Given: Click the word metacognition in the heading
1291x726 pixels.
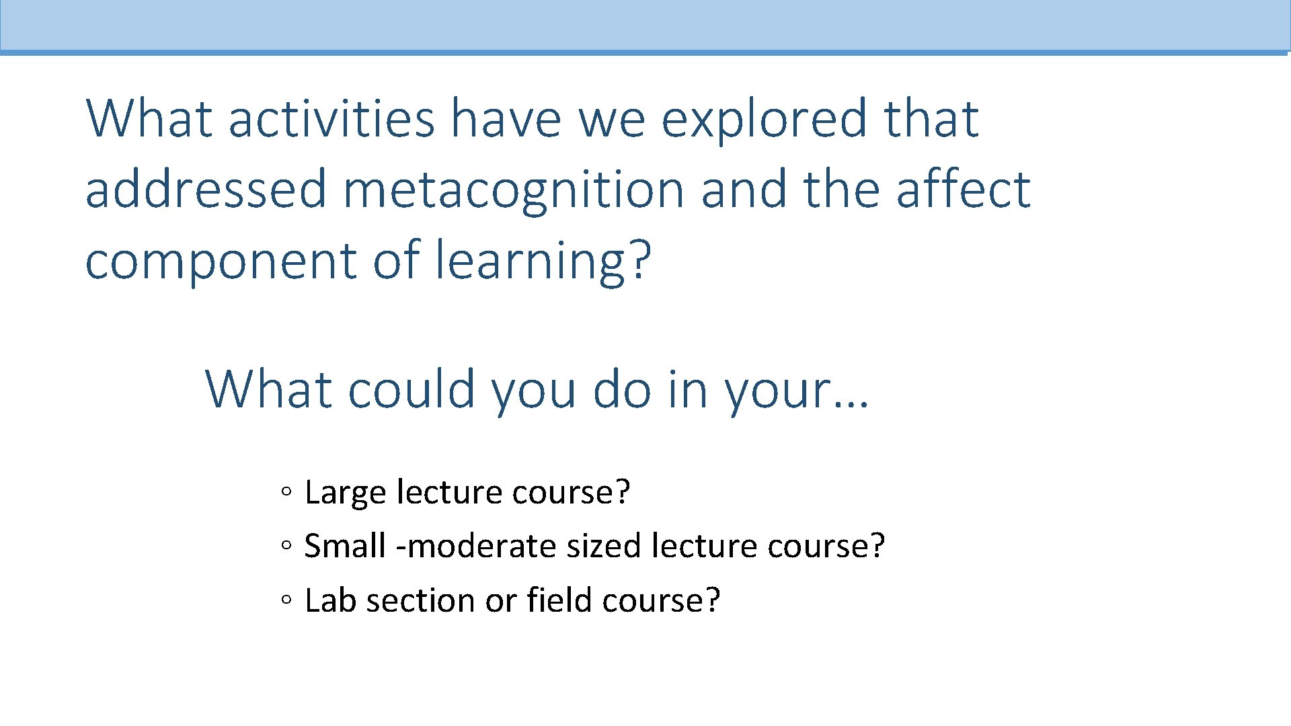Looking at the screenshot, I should click(x=513, y=190).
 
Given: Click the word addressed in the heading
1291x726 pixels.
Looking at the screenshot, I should click(x=206, y=190).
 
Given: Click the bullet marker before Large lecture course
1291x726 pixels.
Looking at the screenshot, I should click(x=286, y=492).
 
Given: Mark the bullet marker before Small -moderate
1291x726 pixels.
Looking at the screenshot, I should click(x=286, y=547).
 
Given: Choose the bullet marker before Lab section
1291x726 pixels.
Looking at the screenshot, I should click(x=286, y=600).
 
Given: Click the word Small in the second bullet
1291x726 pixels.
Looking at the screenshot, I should click(x=345, y=546).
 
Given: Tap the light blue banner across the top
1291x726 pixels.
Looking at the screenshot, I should click(x=645, y=26).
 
